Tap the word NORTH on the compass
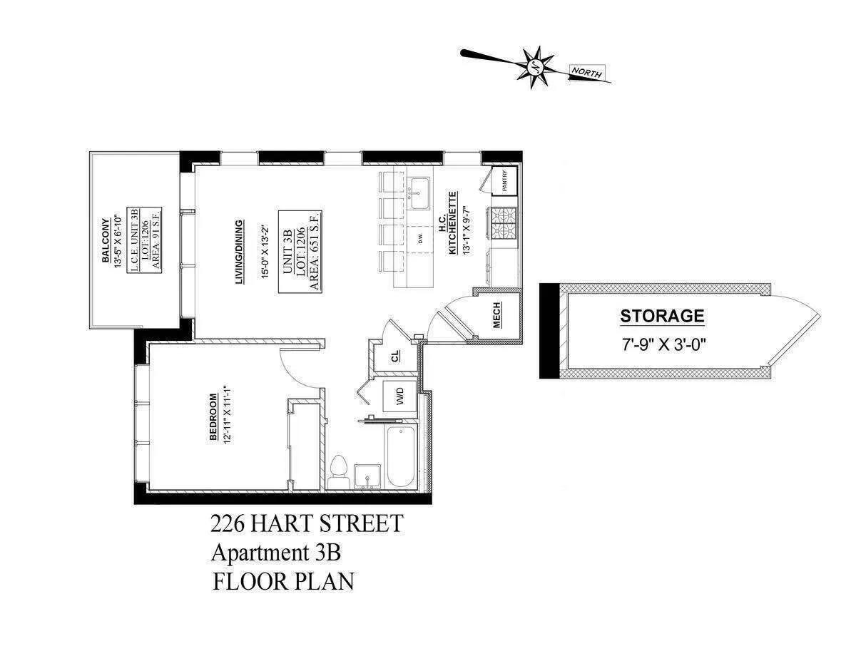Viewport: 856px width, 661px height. (586, 73)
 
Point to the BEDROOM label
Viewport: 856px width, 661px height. (213, 417)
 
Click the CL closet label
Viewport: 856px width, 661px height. (396, 357)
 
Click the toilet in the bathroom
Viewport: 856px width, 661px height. (340, 471)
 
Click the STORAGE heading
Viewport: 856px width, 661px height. (662, 316)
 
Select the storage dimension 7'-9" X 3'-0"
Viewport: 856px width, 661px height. (663, 342)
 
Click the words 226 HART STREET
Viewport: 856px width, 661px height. (306, 524)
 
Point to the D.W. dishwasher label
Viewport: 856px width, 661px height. (420, 238)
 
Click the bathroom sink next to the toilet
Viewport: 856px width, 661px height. (369, 476)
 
